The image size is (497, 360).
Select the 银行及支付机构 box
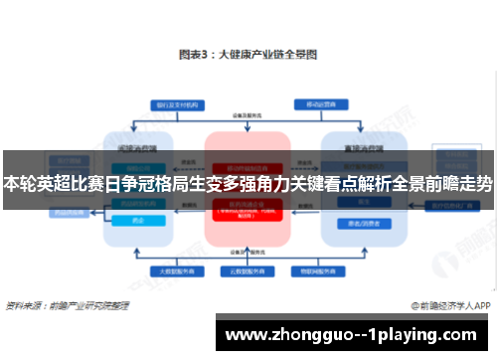pyautogui.click(x=172, y=103)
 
